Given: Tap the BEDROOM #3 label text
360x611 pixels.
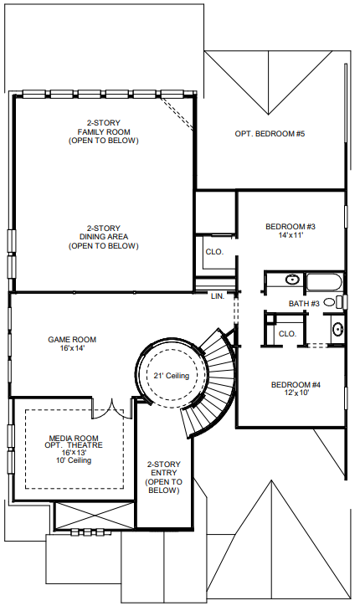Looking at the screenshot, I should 290,227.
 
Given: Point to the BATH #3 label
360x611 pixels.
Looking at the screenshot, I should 304,303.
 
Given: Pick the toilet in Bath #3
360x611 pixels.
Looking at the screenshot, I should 330,301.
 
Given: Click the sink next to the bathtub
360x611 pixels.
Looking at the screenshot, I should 293,280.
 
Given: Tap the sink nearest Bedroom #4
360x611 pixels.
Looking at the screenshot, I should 337,329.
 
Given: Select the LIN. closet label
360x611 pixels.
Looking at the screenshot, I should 218,296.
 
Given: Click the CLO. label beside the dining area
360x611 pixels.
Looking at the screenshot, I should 213,251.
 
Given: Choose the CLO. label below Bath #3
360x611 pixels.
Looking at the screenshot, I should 287,333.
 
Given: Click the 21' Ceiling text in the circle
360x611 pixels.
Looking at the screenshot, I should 172,376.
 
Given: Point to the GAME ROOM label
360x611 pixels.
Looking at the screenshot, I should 72,339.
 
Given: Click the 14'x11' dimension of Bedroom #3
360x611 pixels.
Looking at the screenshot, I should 290,237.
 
